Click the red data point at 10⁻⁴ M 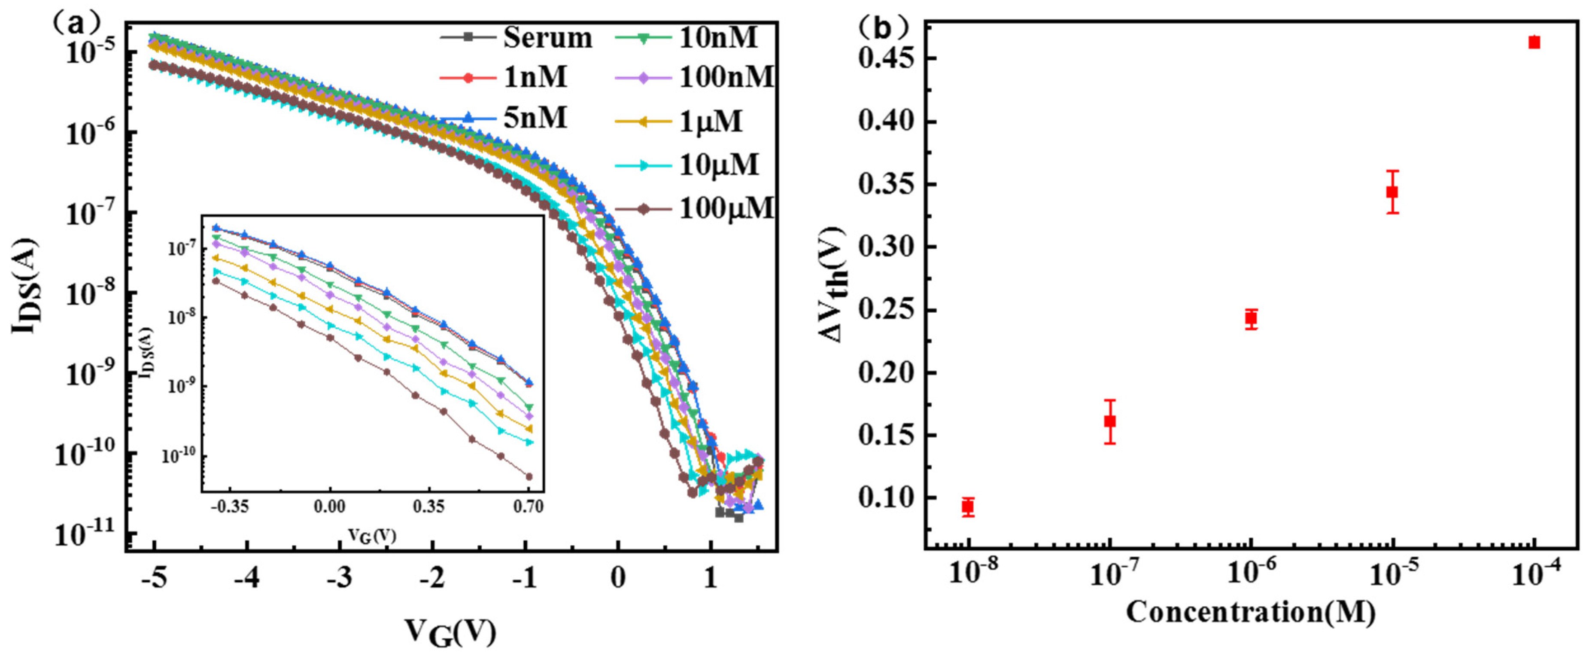pyautogui.click(x=1534, y=43)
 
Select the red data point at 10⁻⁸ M pyautogui.click(x=968, y=506)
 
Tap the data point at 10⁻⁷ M pyautogui.click(x=1110, y=421)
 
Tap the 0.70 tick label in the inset pyautogui.click(x=528, y=506)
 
